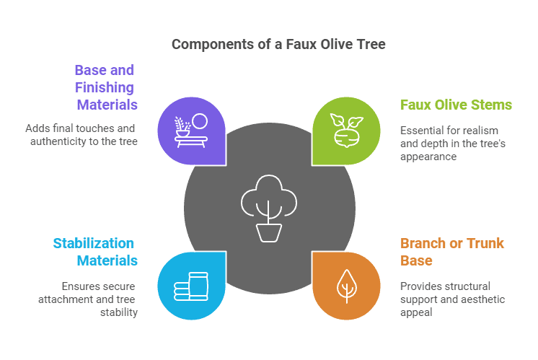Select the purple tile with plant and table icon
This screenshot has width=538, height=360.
pyautogui.click(x=191, y=131)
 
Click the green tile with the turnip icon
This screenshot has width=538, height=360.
pyautogui.click(x=345, y=131)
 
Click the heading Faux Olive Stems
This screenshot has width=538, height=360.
pyautogui.click(x=456, y=105)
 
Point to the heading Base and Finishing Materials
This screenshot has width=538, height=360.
pyautogui.click(x=105, y=87)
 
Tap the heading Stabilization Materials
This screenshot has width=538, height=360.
pyautogui.click(x=94, y=251)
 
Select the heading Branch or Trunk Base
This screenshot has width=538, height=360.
pyautogui.click(x=452, y=251)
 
